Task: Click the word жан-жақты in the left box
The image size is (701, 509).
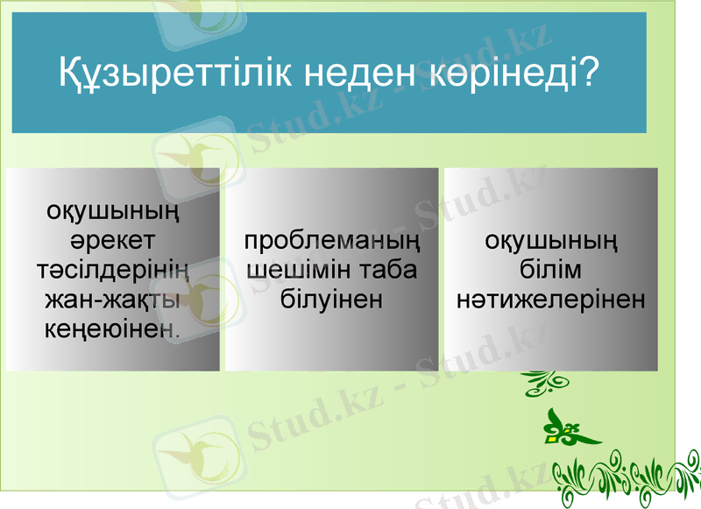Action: point(112,300)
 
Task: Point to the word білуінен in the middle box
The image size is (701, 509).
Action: point(332,300)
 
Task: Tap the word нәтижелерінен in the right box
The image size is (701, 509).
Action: point(551,300)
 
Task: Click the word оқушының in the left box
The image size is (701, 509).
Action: point(112,211)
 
